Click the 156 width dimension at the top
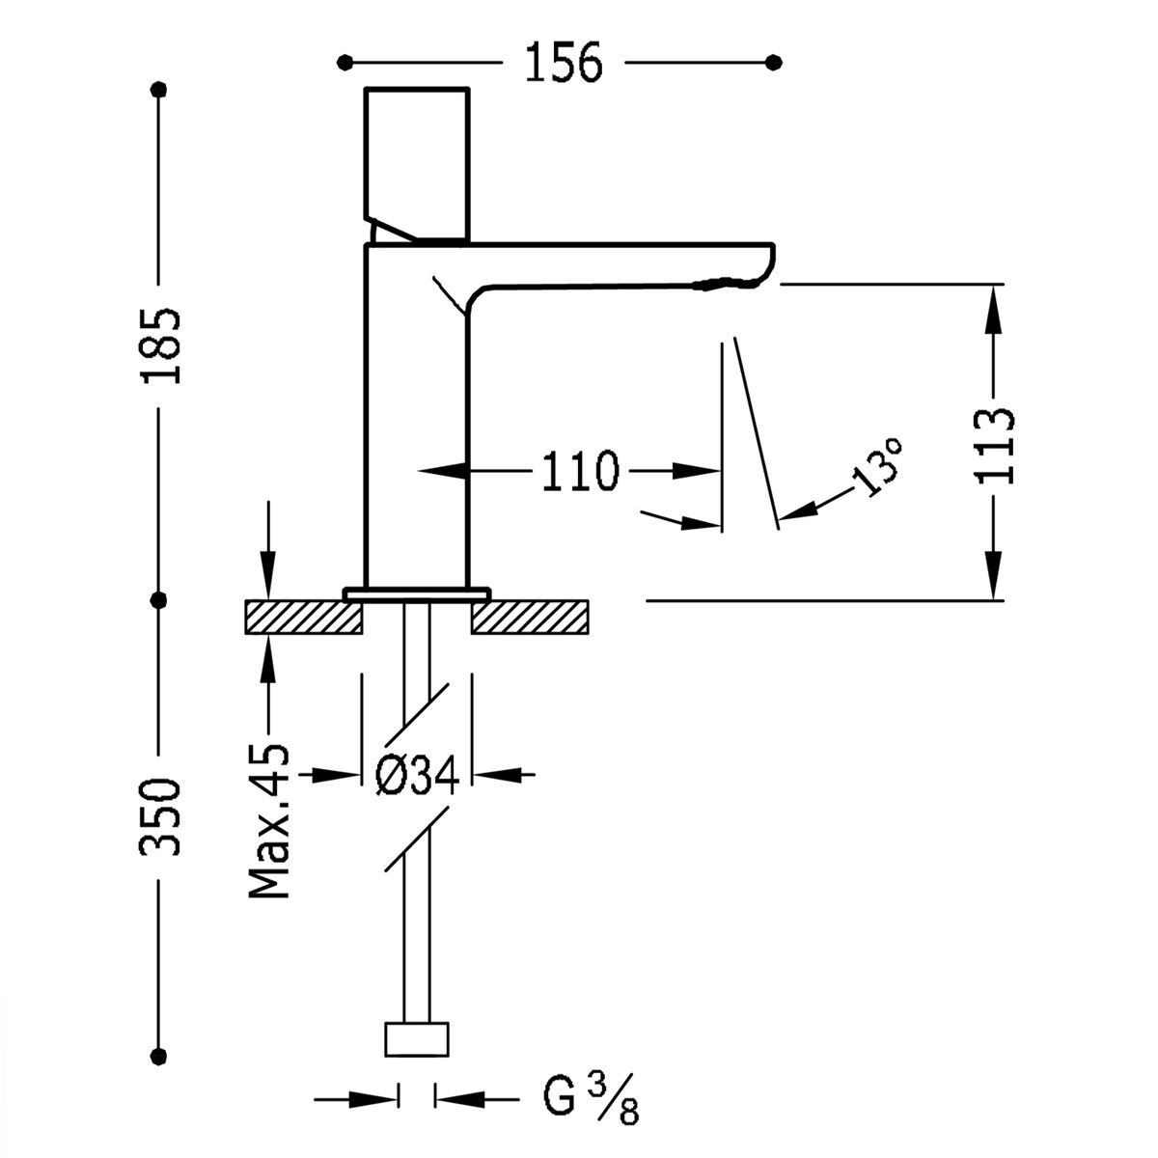[564, 64]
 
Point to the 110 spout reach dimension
[579, 472]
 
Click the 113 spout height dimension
[994, 445]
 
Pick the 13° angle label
[878, 467]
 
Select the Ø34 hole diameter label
[415, 774]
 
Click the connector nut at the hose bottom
[417, 1039]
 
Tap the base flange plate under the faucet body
[417, 593]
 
